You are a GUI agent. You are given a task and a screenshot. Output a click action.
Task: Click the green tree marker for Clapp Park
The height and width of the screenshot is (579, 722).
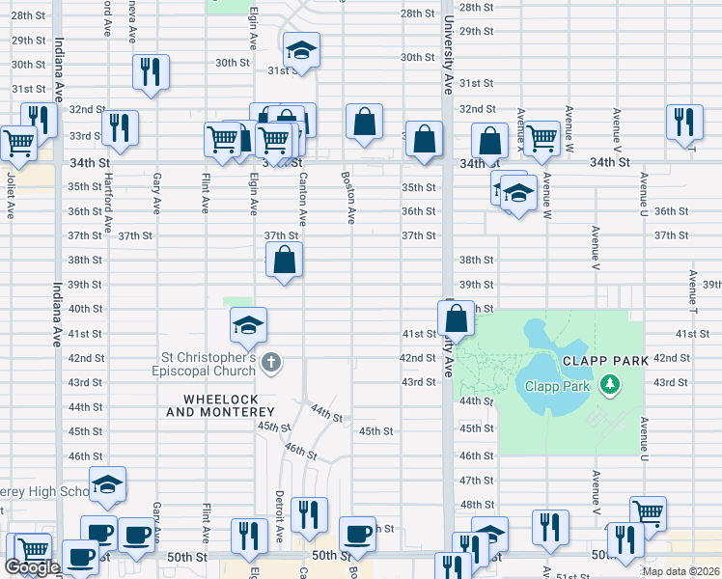(x=609, y=386)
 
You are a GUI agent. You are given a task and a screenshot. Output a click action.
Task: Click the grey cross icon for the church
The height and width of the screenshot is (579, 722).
(x=272, y=363)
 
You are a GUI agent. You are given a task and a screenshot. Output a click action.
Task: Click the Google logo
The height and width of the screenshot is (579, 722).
(x=32, y=567)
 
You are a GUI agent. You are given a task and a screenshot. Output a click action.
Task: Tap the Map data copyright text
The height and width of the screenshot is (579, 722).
(x=680, y=571)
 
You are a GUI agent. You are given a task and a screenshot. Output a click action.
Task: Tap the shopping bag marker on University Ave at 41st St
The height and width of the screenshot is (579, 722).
(x=456, y=317)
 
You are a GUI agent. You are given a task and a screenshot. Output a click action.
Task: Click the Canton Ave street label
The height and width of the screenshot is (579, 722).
(x=303, y=193)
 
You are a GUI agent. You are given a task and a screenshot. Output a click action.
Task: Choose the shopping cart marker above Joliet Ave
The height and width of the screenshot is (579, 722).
(x=18, y=143)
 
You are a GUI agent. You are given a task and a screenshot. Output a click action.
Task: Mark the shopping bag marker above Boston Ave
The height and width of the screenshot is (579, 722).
(x=364, y=122)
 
